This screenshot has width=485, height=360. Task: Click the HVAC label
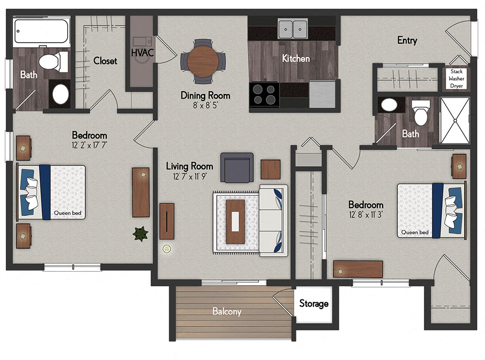(x=142, y=52)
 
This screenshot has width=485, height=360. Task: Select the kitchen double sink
(x=293, y=29)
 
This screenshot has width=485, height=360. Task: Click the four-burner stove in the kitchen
(x=264, y=95)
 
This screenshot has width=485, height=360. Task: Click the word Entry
(x=407, y=41)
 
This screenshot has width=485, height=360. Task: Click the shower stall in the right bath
(x=454, y=120)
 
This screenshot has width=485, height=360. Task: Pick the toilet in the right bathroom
(x=420, y=113)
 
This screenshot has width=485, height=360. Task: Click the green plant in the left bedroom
(x=140, y=234)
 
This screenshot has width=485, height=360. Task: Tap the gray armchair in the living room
(x=237, y=167)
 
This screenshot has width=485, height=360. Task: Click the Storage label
(x=313, y=304)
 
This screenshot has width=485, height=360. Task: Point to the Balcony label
(x=226, y=311)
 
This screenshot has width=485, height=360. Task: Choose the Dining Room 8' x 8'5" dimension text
(x=205, y=105)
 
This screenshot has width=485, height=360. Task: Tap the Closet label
(x=105, y=61)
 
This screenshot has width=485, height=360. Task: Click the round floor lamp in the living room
(x=167, y=249)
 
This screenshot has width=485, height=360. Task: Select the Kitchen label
(x=296, y=58)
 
